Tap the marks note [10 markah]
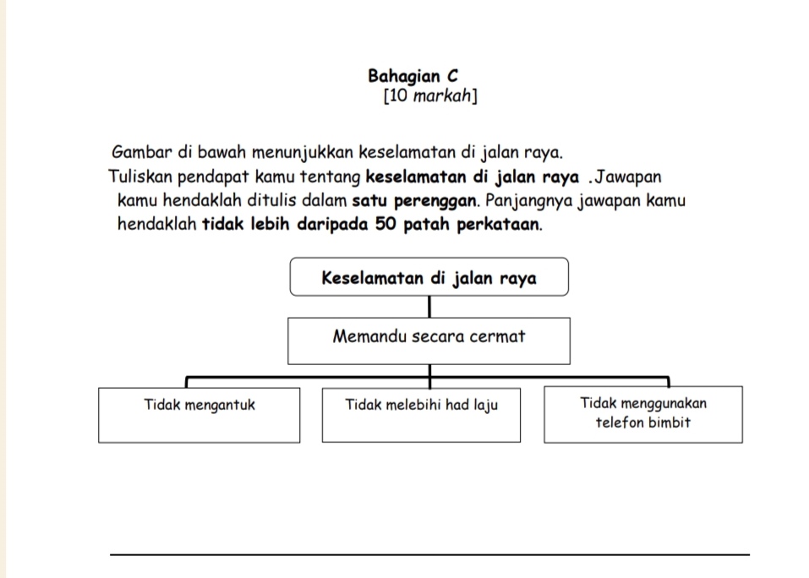[430, 95]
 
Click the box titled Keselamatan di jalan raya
[429, 277]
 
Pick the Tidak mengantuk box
[200, 414]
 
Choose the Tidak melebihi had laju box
[421, 414]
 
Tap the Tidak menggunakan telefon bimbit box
[643, 414]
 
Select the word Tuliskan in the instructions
[138, 177]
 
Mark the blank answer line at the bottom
[429, 554]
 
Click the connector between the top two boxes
[429, 306]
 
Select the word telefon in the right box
[620, 423]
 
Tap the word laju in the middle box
[484, 405]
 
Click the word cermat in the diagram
[499, 336]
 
